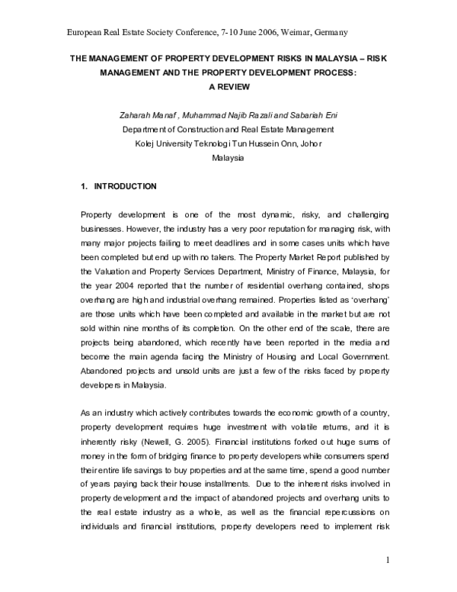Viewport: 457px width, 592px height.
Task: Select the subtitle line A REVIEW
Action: (228, 86)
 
